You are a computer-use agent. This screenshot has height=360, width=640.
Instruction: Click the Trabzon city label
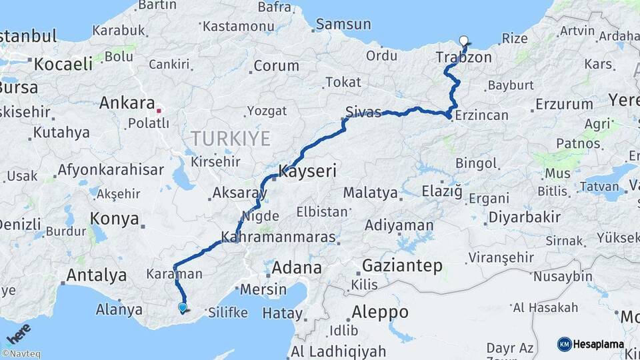465,57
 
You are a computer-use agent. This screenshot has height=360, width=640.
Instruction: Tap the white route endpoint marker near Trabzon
464,41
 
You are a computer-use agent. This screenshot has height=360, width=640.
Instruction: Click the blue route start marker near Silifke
183,307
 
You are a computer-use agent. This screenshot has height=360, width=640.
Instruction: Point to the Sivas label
363,111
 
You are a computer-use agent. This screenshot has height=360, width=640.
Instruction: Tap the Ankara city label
127,103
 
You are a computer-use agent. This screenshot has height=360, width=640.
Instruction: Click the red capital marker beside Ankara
159,105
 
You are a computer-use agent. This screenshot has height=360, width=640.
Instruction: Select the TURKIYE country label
231,139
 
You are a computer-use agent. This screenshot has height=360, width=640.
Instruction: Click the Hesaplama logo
591,344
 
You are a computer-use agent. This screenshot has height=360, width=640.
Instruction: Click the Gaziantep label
402,266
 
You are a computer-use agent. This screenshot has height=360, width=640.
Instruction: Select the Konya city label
115,219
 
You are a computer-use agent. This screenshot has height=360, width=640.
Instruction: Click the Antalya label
96,275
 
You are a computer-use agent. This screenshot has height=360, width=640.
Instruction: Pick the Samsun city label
343,24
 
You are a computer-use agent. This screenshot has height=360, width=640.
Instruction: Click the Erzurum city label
563,104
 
